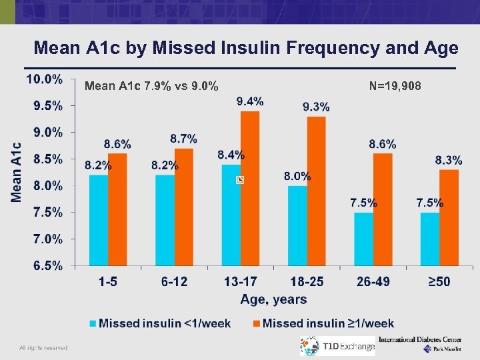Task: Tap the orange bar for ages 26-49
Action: coord(383,209)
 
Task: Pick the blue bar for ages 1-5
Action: coord(99,220)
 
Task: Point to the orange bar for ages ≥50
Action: coord(449,217)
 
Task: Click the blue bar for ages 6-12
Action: coord(165,220)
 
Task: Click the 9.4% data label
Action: coord(250,101)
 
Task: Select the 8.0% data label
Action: coord(297,177)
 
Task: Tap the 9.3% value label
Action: coord(316,107)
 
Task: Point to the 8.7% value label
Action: coord(183,139)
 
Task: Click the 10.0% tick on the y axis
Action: coord(45,79)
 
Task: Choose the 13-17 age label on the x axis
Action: coord(240,282)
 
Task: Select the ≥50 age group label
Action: coord(439,282)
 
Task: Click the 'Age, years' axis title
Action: coord(273,299)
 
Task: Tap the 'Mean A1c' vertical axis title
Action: coord(16,172)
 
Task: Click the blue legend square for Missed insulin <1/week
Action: coord(93,324)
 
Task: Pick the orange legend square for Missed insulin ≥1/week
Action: coord(257,324)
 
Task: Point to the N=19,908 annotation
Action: coord(395,85)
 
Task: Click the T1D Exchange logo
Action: coord(337,346)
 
